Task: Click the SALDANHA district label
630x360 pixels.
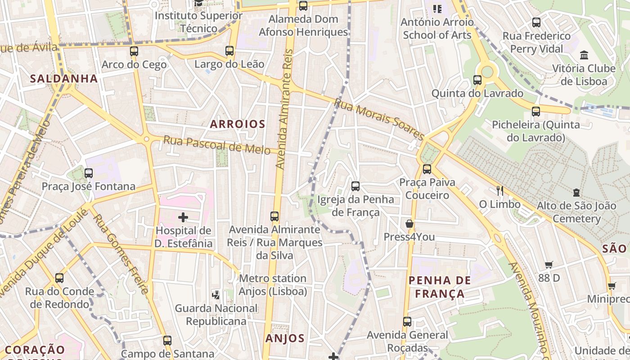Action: point(64,79)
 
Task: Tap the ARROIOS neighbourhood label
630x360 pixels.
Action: point(238,124)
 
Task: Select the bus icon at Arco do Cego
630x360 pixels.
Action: point(134,51)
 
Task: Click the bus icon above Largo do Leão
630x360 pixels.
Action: point(229,51)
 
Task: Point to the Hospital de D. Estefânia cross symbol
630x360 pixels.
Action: point(183,218)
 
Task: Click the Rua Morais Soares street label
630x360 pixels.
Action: point(379,119)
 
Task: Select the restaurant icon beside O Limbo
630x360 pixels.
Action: point(499,191)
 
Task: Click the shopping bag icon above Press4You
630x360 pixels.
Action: point(409,224)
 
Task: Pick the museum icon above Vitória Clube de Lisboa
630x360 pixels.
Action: point(584,55)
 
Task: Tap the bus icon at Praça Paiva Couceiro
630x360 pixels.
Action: point(427,169)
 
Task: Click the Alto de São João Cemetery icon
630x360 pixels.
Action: point(576,193)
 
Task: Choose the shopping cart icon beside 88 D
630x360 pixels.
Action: point(549,265)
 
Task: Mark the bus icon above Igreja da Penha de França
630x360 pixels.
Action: point(355,186)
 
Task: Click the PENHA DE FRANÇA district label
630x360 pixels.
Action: point(440,287)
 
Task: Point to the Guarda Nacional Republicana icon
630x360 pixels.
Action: point(216,295)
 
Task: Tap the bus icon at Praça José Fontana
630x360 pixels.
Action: point(89,173)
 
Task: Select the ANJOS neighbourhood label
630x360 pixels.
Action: point(285,338)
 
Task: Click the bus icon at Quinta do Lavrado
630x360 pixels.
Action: point(477,80)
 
